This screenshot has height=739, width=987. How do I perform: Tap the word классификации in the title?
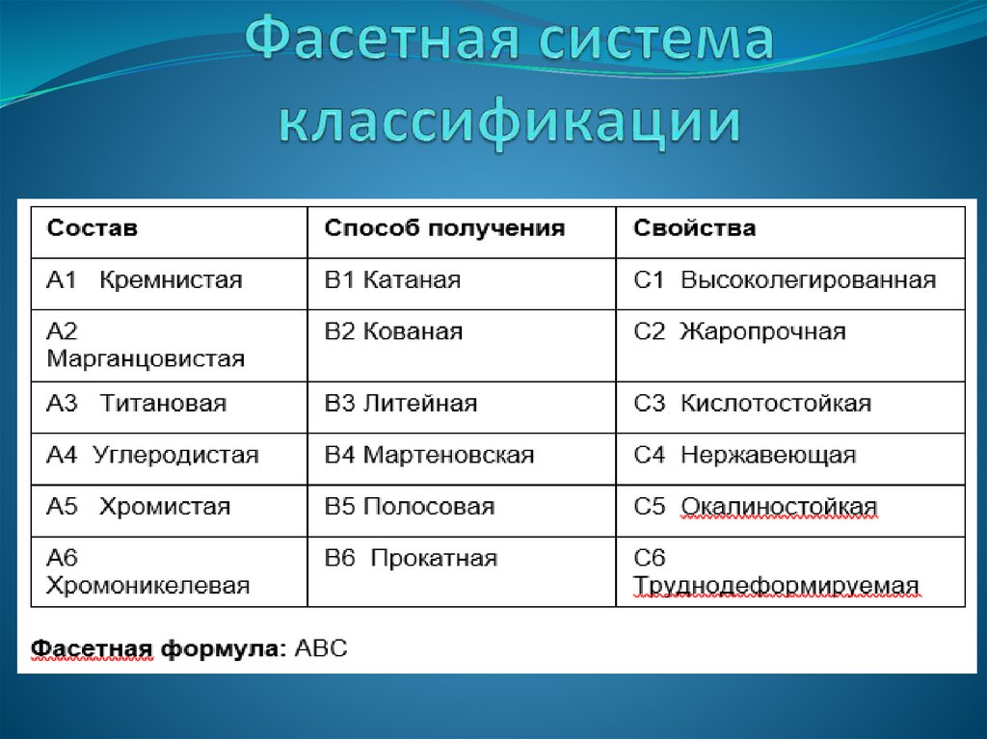511,123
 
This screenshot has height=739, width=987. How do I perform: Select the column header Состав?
93,229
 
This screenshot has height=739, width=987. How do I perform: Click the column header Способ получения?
444,229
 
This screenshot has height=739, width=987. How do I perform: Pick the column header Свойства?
694,229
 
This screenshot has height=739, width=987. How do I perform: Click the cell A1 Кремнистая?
145,280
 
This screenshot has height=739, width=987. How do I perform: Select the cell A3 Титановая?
137,404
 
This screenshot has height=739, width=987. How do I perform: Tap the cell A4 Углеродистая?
152,455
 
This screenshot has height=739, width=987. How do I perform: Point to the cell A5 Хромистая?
139,507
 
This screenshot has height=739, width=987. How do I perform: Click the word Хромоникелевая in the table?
148,585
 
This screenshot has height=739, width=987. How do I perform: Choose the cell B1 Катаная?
392,280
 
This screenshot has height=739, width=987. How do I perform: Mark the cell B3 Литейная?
401,404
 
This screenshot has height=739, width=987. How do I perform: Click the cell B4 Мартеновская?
429,455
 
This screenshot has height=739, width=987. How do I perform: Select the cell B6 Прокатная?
411,558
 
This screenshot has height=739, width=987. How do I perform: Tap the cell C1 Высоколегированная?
785,280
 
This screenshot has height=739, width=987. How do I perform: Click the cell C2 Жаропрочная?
739,332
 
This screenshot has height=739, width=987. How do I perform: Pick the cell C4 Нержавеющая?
744,455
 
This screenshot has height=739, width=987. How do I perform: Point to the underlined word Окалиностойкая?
779,507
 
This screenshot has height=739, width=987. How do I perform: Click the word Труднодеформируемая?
776,586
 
